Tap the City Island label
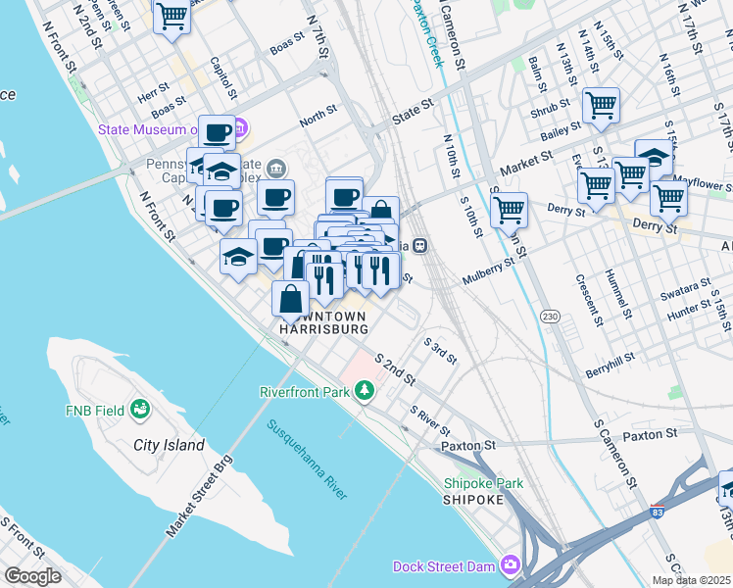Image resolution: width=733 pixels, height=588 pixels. coord(169,446)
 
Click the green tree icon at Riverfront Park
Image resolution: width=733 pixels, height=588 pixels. coord(365,392)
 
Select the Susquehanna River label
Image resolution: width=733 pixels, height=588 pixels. coord(307,459)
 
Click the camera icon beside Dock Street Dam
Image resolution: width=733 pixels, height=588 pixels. coord(510,564)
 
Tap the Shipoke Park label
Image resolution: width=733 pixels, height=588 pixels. coord(483,483)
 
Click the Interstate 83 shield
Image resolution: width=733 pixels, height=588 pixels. coord(656,512)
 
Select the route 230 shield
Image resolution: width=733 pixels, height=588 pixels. coord(550,316)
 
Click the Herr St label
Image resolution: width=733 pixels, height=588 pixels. coord(153,85)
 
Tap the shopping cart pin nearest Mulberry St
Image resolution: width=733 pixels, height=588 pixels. coord(509,209)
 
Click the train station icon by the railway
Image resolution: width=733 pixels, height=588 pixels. coord(419,246)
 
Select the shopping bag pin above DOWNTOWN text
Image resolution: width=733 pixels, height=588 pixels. coord(291,299)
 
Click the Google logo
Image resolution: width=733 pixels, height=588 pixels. coord(31,576)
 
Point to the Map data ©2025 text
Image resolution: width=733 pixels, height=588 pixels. coord(690,580)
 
